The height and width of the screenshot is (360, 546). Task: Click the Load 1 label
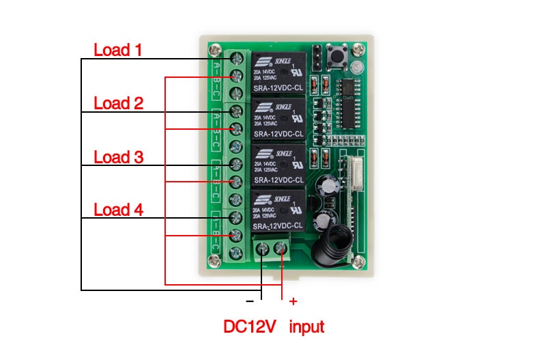tap(118, 50)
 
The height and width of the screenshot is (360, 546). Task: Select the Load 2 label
tap(118, 104)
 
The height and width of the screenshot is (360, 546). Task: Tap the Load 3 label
tap(118, 157)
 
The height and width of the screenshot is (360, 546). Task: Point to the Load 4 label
tap(118, 210)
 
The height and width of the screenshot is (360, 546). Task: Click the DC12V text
tap(250, 327)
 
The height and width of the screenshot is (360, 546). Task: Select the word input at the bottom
tap(306, 327)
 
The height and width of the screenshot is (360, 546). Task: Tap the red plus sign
tap(293, 301)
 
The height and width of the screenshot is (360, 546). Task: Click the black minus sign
tap(250, 301)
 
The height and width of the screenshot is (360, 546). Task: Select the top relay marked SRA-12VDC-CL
tap(281, 70)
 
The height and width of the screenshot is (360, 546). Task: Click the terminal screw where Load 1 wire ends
tap(235, 59)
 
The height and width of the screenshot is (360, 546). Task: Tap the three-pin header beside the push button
tap(318, 57)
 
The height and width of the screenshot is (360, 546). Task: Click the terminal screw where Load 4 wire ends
tap(235, 218)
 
